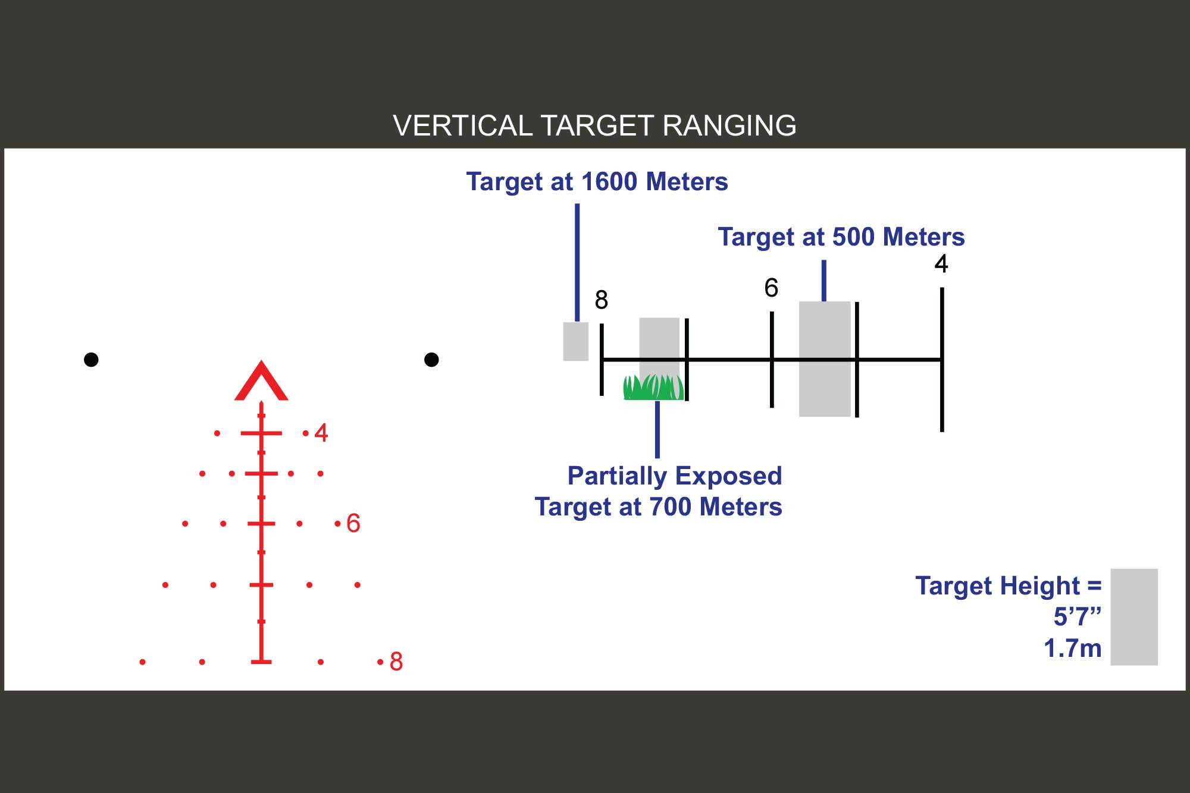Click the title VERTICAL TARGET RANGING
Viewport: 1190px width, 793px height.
tap(594, 125)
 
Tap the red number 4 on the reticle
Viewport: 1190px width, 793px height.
tap(321, 433)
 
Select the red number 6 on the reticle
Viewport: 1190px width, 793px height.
tap(353, 523)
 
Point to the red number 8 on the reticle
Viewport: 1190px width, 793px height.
tap(396, 662)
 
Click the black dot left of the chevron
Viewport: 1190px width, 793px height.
tap(91, 360)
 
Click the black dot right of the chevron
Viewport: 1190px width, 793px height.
tap(431, 360)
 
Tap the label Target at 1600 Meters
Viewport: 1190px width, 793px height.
tap(597, 182)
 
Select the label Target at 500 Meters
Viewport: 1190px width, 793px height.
tap(841, 237)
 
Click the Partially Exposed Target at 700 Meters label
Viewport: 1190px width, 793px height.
tap(658, 492)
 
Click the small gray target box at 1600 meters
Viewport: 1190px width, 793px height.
tap(576, 341)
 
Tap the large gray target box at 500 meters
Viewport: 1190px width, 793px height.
tap(825, 359)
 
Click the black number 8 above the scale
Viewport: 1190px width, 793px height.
tap(602, 300)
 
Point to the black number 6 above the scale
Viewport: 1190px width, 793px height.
tap(771, 288)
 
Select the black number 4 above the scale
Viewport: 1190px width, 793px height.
tap(941, 263)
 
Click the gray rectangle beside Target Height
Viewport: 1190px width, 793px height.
tap(1134, 617)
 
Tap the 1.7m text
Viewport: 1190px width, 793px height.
tap(1073, 648)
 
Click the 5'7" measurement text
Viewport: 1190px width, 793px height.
tap(1078, 616)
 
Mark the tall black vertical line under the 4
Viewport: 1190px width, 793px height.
tap(942, 360)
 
